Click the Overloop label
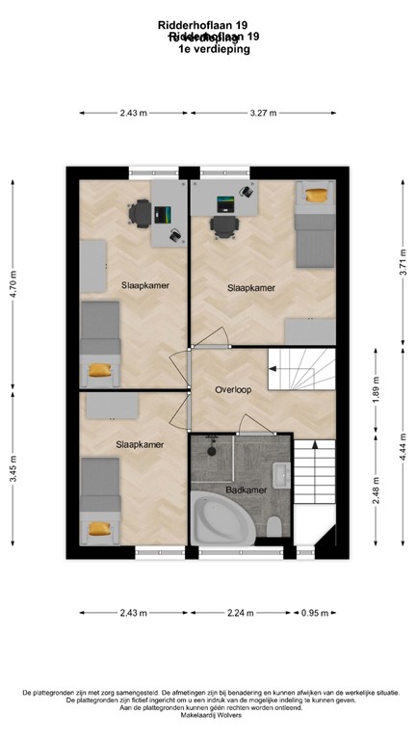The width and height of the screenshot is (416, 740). (234, 390)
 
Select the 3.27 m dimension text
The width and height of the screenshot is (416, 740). (263, 113)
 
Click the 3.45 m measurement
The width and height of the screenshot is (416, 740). (13, 474)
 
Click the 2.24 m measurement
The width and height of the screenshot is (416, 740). (242, 612)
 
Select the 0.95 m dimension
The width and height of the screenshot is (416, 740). (313, 612)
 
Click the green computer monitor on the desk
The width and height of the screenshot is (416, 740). (225, 203)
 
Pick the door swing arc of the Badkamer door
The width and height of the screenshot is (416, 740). (252, 424)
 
